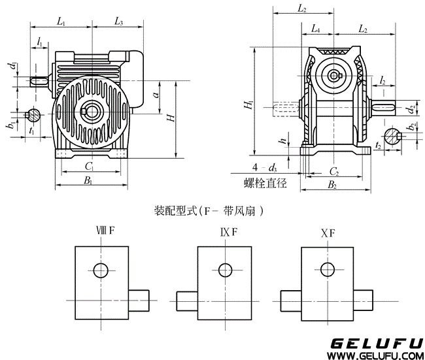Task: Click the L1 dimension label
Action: click(x=61, y=22)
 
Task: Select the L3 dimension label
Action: click(x=118, y=22)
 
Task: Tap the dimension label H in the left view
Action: click(x=170, y=118)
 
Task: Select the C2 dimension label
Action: click(x=333, y=171)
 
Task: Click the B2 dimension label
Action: click(x=331, y=186)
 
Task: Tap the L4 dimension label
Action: click(x=316, y=29)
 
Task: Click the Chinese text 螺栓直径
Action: click(x=265, y=184)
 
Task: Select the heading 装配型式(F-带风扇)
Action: click(x=212, y=211)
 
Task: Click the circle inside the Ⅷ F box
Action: click(x=101, y=270)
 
